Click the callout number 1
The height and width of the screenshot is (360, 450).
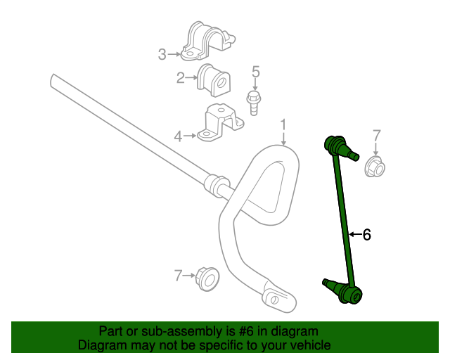pyautogui.click(x=283, y=125)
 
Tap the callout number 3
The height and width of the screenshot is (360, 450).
pyautogui.click(x=162, y=53)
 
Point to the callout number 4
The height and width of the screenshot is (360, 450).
pyautogui.click(x=179, y=136)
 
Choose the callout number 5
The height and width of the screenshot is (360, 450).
pyautogui.click(x=255, y=71)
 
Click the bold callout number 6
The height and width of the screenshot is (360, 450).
pyautogui.click(x=366, y=235)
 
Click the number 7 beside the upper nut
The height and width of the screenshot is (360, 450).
pyautogui.click(x=376, y=135)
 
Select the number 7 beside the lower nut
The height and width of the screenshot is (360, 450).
pyautogui.click(x=178, y=276)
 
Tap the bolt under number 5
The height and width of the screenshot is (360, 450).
pyautogui.click(x=254, y=102)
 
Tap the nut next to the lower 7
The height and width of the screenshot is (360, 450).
pyautogui.click(x=207, y=278)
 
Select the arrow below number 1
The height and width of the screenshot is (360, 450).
pyautogui.click(x=283, y=140)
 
